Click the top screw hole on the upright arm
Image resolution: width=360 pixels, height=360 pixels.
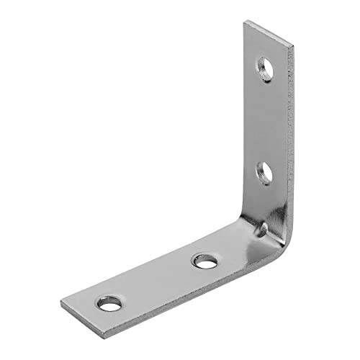267,69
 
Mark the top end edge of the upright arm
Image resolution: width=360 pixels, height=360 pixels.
269,35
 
